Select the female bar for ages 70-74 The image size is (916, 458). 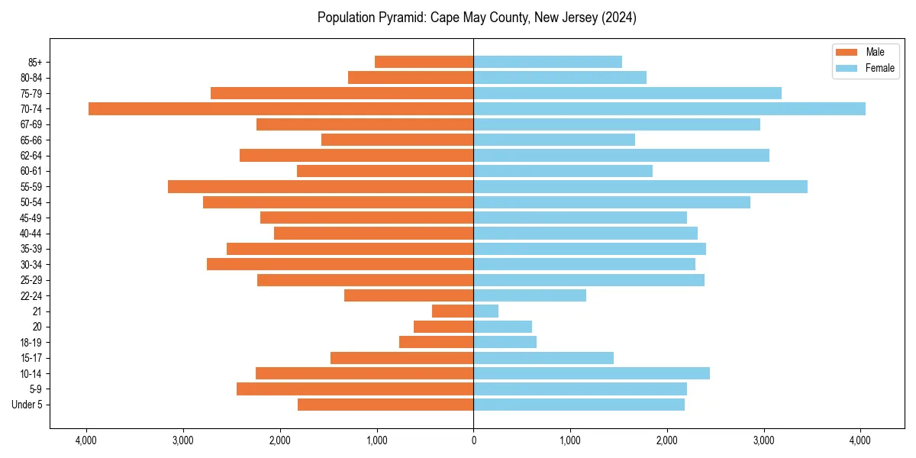(x=669, y=108)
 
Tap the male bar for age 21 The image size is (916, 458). (x=453, y=311)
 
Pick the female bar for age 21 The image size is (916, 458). (x=486, y=311)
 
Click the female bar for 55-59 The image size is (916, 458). (x=640, y=186)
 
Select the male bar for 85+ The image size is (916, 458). (x=424, y=62)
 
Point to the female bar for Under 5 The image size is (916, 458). (x=579, y=405)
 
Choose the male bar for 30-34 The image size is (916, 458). (x=340, y=264)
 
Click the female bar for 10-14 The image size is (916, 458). (x=592, y=373)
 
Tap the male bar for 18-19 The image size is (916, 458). (x=437, y=342)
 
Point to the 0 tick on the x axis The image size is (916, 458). (x=473, y=440)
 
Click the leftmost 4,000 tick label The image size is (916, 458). (x=86, y=440)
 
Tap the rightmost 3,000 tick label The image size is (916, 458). (x=764, y=440)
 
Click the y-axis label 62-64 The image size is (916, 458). (x=31, y=156)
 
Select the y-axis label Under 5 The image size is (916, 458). (x=27, y=405)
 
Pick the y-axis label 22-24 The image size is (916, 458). (x=31, y=295)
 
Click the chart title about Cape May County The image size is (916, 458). (x=477, y=18)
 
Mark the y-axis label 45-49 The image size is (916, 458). (x=31, y=218)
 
